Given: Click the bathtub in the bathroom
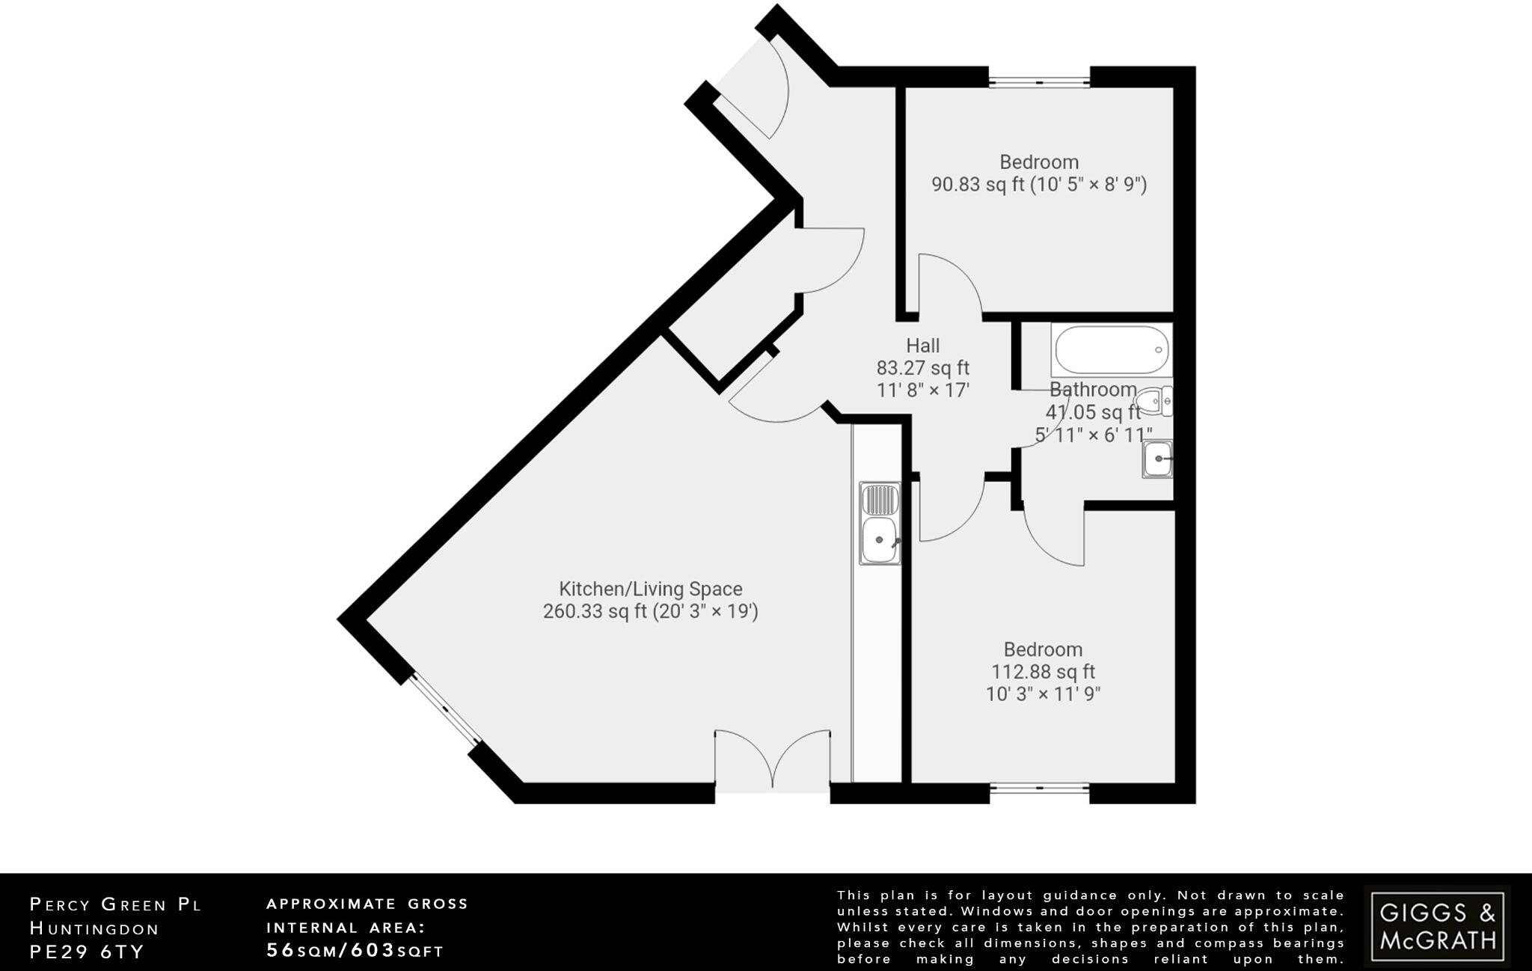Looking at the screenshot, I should [1110, 349].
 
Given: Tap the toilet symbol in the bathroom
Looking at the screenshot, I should [1154, 402].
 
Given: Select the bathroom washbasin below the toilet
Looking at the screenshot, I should [1157, 459].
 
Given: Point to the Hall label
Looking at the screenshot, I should [922, 346].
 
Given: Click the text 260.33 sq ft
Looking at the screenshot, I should [595, 612].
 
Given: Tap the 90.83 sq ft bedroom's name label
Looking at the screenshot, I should [1039, 162].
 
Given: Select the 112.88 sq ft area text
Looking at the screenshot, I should [1043, 672].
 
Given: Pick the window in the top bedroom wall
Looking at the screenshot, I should [1039, 79].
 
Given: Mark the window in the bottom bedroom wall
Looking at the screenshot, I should [1039, 790].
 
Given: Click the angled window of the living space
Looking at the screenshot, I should [446, 708].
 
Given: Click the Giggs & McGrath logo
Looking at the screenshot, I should [1437, 925].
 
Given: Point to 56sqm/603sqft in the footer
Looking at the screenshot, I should [355, 951].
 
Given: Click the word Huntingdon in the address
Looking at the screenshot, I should [94, 928].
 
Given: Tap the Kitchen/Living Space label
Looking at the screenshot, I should [650, 589].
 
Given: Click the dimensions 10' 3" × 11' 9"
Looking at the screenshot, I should [1043, 694].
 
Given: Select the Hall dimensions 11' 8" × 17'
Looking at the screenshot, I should [922, 390].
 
